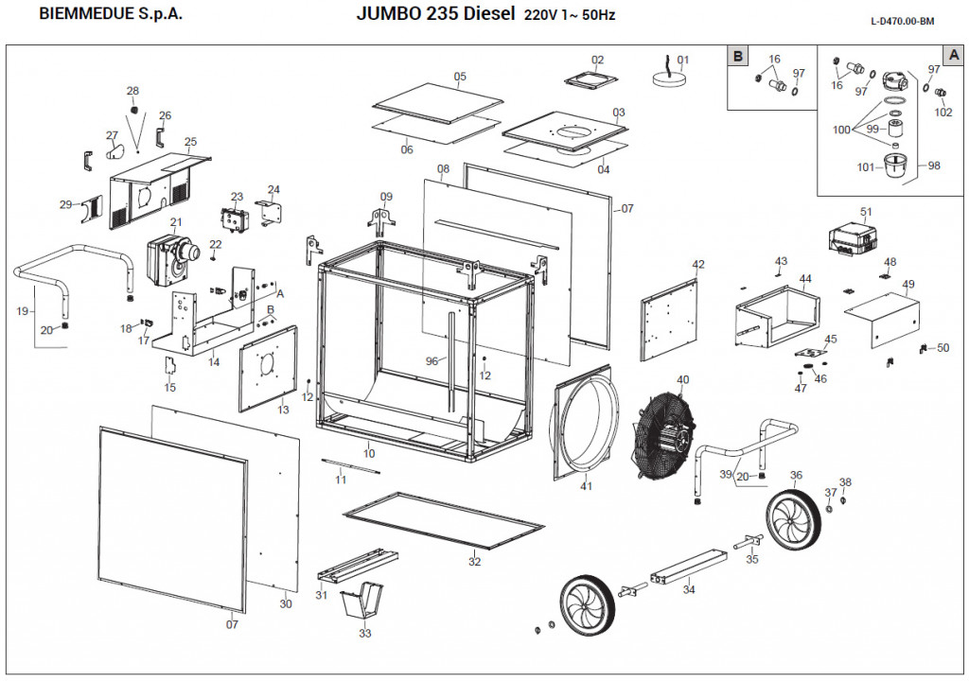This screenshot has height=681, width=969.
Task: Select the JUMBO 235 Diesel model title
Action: tap(436, 14)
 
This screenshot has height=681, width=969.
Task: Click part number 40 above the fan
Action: tap(682, 380)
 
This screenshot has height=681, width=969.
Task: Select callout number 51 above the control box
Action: tap(865, 211)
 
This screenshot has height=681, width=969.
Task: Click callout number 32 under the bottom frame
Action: tap(474, 562)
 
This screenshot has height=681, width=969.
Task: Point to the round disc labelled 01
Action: tap(671, 79)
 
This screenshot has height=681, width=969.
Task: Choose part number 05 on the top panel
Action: tap(460, 77)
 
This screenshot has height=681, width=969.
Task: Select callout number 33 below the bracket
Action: tap(365, 634)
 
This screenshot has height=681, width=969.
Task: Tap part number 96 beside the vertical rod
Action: tap(432, 361)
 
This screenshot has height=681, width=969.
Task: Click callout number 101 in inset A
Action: tap(866, 168)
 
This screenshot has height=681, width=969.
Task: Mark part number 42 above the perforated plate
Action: tap(698, 265)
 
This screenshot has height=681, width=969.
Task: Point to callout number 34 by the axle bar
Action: tap(688, 590)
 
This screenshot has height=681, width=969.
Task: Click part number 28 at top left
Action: tap(132, 91)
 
